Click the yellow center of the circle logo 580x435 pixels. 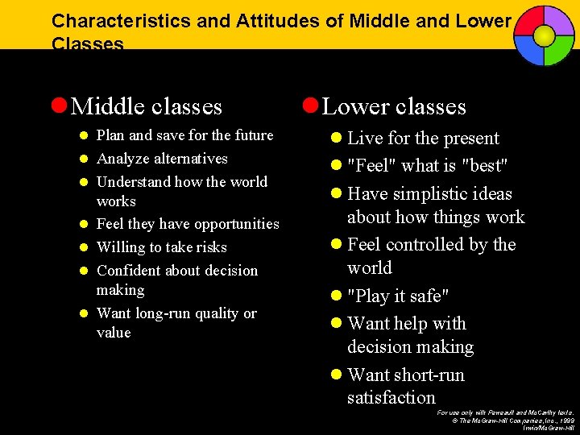tap(544, 35)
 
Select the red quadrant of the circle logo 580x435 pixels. tap(528, 20)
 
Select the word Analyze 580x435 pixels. tap(124, 159)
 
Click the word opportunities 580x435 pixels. tap(231, 224)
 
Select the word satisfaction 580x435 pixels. tap(391, 397)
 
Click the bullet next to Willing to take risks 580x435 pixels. tap(84, 247)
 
